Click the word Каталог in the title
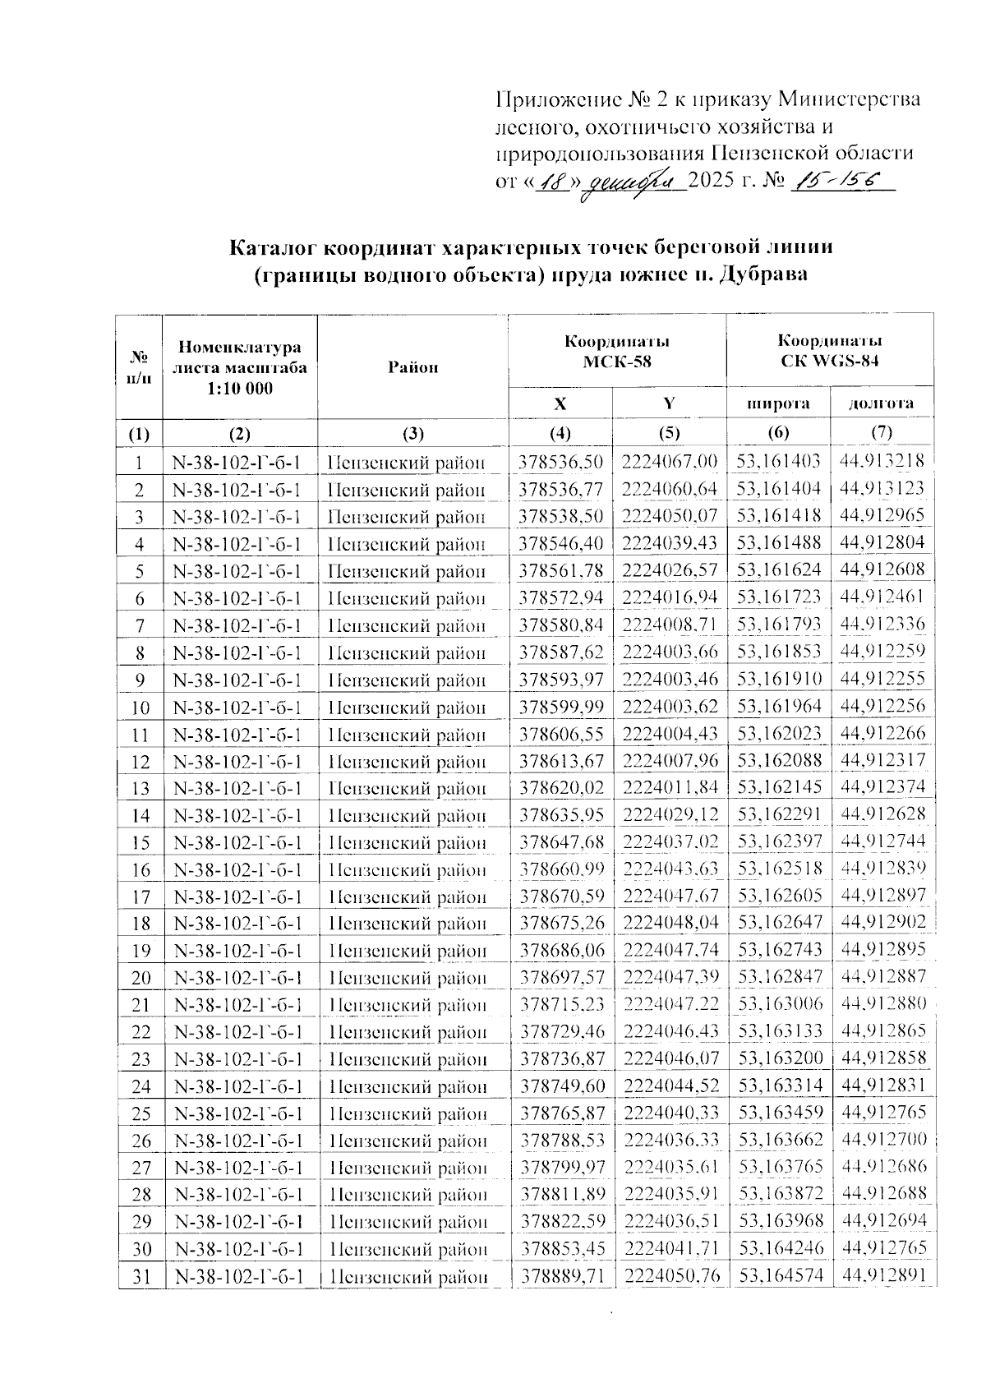272,247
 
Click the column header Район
412,367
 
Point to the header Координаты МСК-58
616,351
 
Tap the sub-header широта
777,403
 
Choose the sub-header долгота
882,403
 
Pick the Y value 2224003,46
670,680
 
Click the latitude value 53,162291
778,815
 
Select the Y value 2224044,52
670,1086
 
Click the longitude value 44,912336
882,625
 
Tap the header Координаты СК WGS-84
830,351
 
